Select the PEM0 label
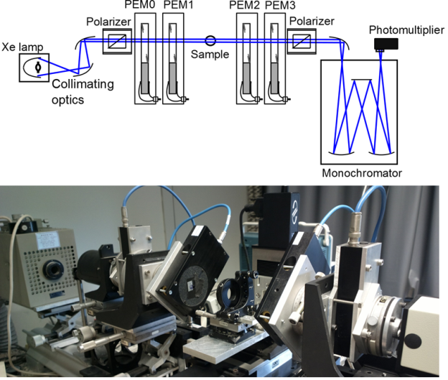(x=146, y=6)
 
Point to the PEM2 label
(x=243, y=6)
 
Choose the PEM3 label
(x=277, y=6)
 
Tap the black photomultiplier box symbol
(x=385, y=45)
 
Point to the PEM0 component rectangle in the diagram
(x=146, y=60)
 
